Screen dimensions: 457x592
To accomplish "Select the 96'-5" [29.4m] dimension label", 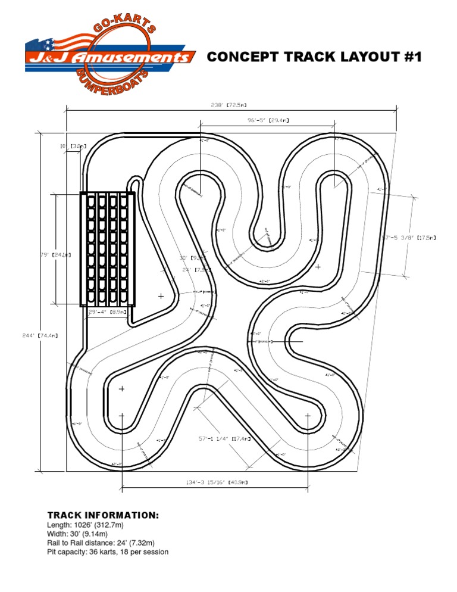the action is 268,120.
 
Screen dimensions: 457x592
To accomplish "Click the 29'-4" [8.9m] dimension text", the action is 106,311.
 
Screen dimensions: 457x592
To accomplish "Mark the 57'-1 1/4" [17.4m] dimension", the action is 224,439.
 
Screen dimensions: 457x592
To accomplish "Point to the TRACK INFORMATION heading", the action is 103,515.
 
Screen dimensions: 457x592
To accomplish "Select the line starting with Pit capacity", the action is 108,552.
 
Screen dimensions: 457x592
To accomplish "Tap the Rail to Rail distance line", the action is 101,543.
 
